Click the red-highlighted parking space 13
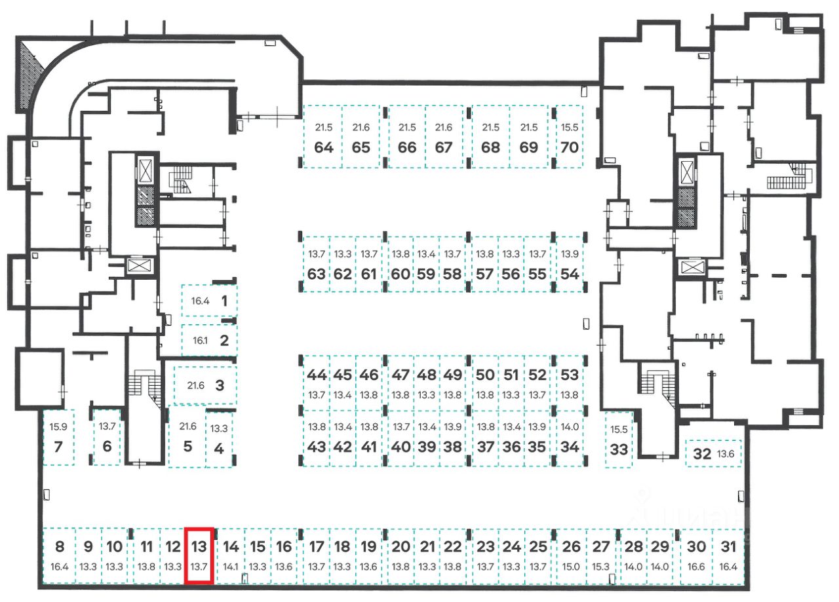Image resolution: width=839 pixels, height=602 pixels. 199,554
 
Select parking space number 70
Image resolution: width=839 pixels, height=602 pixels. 570,147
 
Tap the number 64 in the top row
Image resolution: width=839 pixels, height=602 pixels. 324,147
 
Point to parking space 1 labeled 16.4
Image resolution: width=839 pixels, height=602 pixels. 224,301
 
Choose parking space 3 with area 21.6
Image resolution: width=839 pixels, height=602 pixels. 220,385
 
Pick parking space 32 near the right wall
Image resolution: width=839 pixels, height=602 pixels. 702,453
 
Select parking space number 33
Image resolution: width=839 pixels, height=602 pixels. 619,449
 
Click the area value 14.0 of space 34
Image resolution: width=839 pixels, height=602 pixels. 570,426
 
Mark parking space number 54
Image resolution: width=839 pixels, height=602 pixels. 570,274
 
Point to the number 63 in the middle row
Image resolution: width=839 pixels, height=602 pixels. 317,274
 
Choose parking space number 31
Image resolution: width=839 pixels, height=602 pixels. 728,546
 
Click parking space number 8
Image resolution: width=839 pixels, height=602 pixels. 60,546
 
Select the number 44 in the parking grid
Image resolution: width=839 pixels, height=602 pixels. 317,375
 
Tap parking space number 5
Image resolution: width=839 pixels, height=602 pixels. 187,447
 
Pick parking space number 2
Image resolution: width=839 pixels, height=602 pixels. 224,340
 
